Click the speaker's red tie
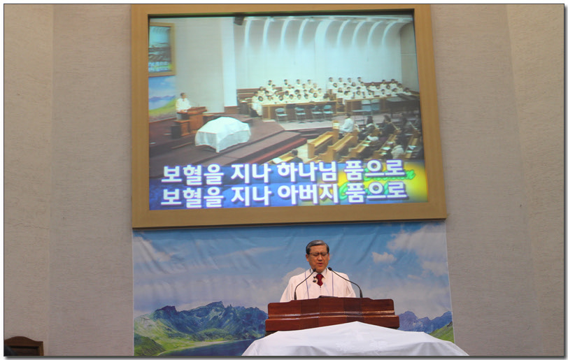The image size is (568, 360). point(319,279)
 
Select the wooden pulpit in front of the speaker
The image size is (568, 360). point(332,315)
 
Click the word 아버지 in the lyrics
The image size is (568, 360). point(308,194)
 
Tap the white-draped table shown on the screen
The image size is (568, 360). point(222,133)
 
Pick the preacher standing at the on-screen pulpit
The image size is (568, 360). point(182,106)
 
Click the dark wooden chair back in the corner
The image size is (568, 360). point(24,346)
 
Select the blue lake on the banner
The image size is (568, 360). point(206,347)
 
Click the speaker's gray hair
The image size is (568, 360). point(317,245)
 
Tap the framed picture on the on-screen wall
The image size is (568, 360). point(162,49)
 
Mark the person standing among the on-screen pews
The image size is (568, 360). point(348,124)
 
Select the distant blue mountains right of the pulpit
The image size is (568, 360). point(425,322)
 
